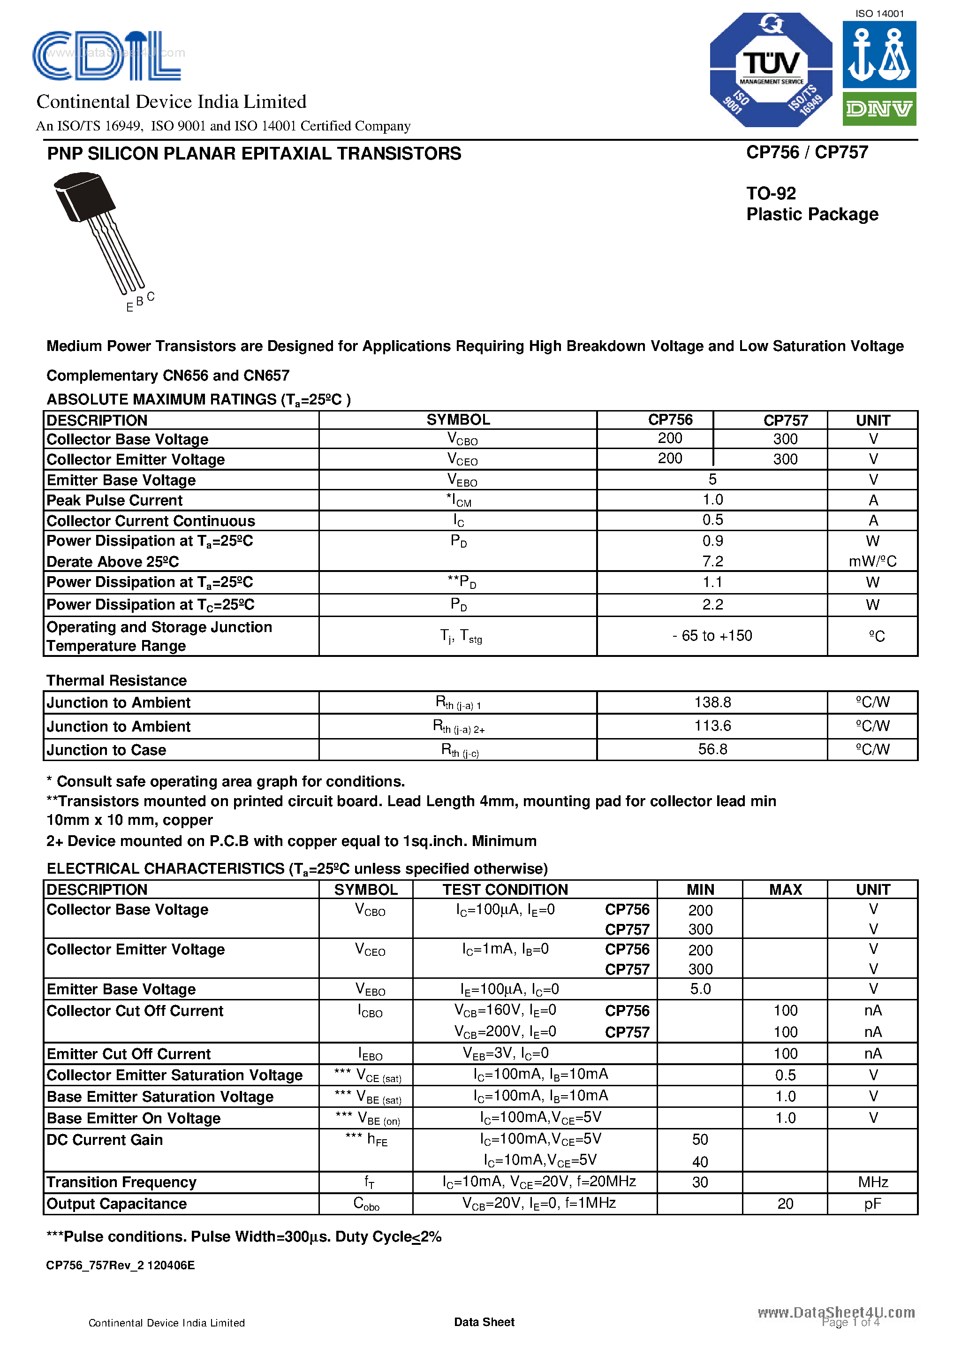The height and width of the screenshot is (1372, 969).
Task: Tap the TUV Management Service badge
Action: [771, 69]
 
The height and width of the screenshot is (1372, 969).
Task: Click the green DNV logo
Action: [879, 109]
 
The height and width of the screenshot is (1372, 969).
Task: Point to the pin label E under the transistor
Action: [129, 308]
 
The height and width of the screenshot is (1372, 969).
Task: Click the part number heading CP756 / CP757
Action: [807, 152]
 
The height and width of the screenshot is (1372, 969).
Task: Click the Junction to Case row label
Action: [106, 750]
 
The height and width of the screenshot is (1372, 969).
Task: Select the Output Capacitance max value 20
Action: [785, 1204]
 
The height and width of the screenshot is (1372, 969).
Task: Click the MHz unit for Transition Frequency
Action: [872, 1182]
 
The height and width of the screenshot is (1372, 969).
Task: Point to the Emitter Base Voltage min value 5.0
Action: [700, 989]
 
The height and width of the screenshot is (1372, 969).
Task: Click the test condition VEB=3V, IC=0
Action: [506, 1053]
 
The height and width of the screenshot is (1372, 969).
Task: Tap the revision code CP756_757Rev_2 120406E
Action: [120, 1265]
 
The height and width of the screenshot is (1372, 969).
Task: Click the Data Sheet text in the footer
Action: [484, 1322]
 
